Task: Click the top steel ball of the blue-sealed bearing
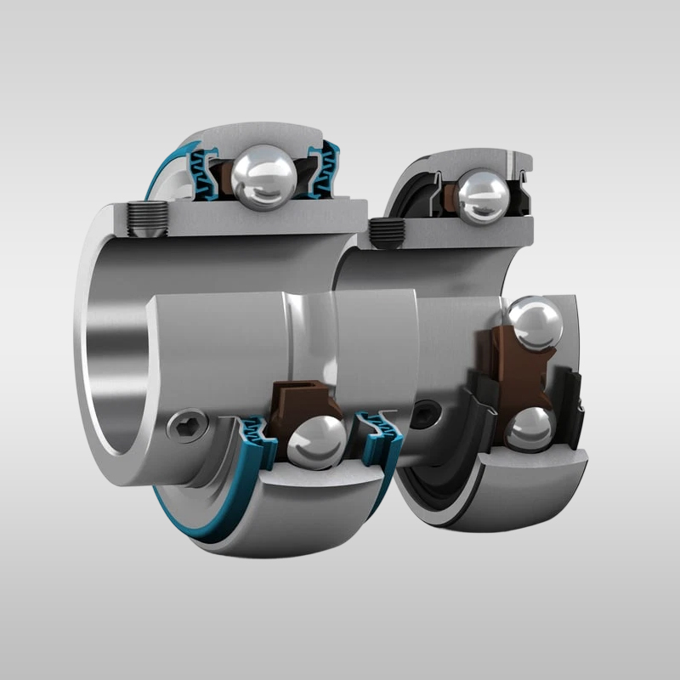(x=265, y=176)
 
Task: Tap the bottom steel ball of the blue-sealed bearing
(x=316, y=440)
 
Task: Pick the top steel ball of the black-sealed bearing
(x=484, y=197)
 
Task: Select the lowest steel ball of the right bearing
(x=528, y=429)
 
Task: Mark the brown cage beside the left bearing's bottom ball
(x=293, y=400)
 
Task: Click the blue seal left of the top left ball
(x=205, y=173)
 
